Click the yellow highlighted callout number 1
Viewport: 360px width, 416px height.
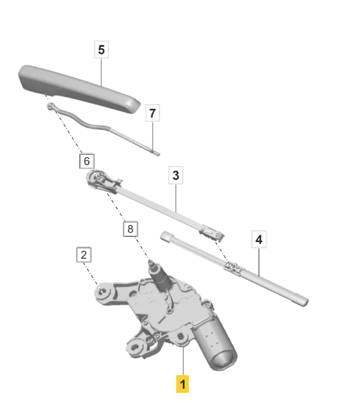pyautogui.click(x=182, y=383)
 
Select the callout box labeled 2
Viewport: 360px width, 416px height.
pyautogui.click(x=84, y=255)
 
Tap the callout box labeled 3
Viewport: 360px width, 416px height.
pyautogui.click(x=176, y=175)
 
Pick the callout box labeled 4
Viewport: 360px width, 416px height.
pyautogui.click(x=259, y=240)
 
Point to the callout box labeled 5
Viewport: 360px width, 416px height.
pyautogui.click(x=101, y=49)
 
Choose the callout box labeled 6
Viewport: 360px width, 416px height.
pyautogui.click(x=87, y=161)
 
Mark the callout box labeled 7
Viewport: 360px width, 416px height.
pyautogui.click(x=152, y=113)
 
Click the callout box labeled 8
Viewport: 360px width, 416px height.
pyautogui.click(x=130, y=229)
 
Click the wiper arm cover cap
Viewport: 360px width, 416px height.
pyautogui.click(x=79, y=89)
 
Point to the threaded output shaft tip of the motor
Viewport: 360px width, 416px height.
pyautogui.click(x=151, y=263)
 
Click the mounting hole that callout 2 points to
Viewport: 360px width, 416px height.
pyautogui.click(x=101, y=292)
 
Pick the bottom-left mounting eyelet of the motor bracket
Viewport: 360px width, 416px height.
pyautogui.click(x=136, y=347)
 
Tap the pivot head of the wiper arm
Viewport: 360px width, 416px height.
pyautogui.click(x=98, y=178)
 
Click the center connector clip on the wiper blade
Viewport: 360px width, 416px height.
pyautogui.click(x=233, y=268)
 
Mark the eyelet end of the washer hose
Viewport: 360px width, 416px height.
pyautogui.click(x=51, y=106)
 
